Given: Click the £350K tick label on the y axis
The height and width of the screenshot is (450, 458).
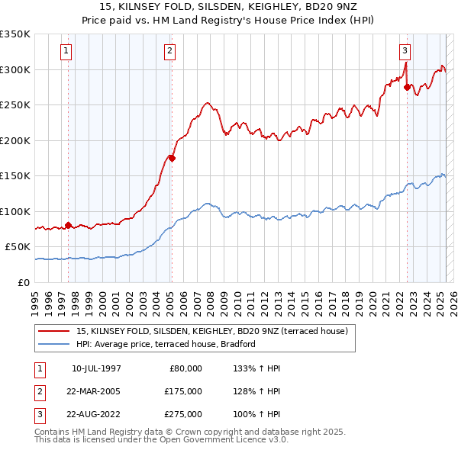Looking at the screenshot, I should click(15, 34).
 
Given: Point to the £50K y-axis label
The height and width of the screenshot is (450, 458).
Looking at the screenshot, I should click(18, 247).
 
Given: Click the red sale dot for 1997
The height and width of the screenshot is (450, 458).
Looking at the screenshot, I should click(68, 225).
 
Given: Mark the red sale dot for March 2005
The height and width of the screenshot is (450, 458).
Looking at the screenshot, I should click(172, 158).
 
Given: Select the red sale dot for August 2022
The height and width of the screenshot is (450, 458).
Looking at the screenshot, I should click(407, 88).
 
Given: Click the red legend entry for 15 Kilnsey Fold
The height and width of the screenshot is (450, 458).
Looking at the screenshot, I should click(212, 331).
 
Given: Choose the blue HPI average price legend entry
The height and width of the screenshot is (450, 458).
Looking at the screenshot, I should click(165, 344).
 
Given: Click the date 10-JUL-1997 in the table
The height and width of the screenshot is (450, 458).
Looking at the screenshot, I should click(96, 368).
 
